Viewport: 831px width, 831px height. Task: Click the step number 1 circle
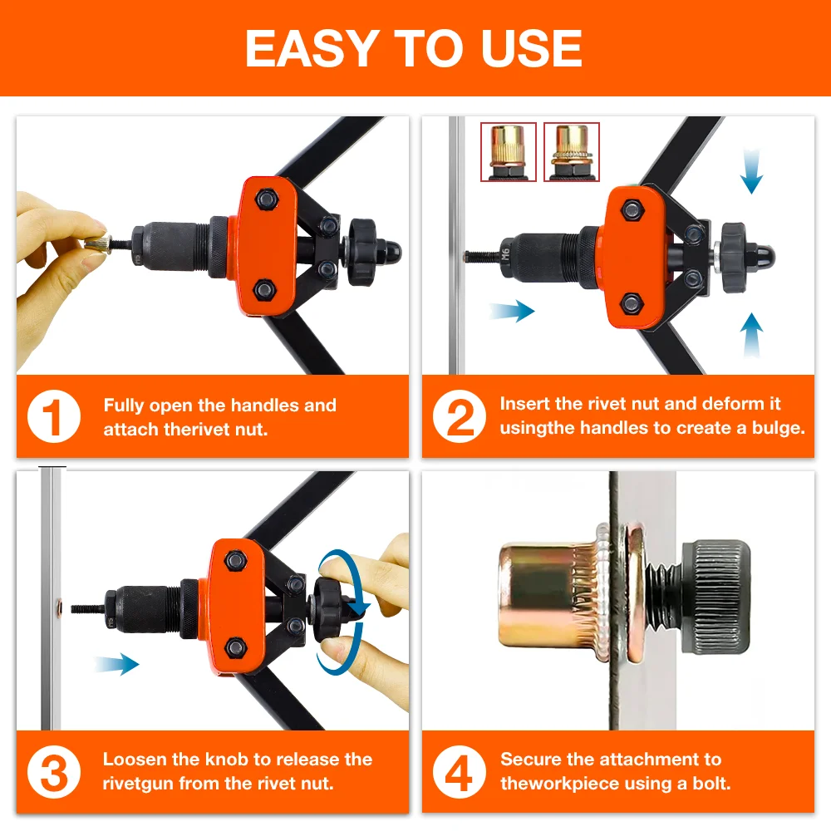pyautogui.click(x=54, y=417)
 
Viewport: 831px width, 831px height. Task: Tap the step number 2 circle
pyautogui.click(x=459, y=417)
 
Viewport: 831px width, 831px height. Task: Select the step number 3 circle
pyautogui.click(x=54, y=771)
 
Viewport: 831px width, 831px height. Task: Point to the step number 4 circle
pyautogui.click(x=459, y=771)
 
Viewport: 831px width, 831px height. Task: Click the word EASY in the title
pyautogui.click(x=309, y=49)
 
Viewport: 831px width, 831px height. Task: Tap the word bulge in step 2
pyautogui.click(x=776, y=428)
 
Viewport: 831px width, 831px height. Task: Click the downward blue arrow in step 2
pyautogui.click(x=750, y=172)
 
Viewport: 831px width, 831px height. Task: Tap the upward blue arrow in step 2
pyautogui.click(x=750, y=335)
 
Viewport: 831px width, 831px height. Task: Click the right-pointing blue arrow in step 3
pyautogui.click(x=116, y=663)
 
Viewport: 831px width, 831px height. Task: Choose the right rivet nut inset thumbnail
pyautogui.click(x=571, y=151)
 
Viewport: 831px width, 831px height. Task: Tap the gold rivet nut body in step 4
pyautogui.click(x=540, y=594)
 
